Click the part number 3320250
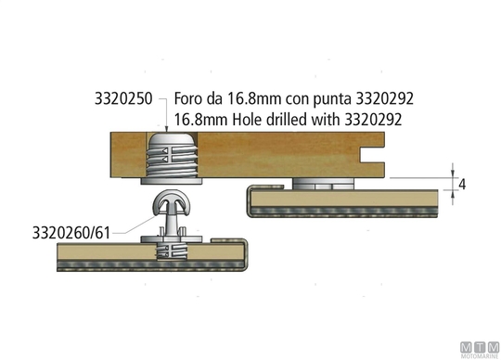tap(123, 98)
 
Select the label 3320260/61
tap(71, 233)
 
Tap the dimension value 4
tap(462, 185)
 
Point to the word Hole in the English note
tap(248, 120)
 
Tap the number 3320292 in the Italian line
tap(385, 98)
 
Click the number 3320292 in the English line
tap(373, 120)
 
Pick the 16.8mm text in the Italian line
tap(254, 98)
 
